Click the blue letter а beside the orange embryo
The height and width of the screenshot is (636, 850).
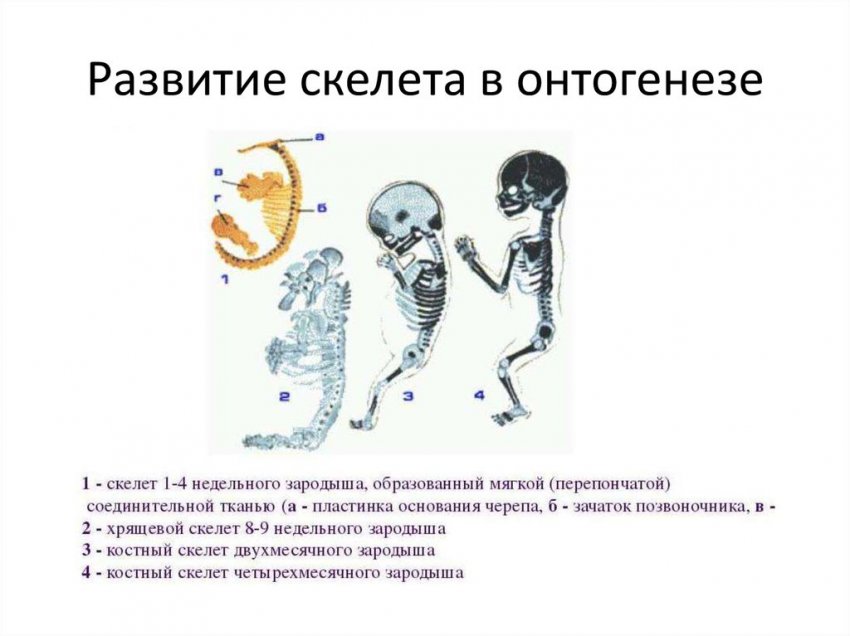tap(319, 137)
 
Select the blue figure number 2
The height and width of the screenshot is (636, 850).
tap(285, 397)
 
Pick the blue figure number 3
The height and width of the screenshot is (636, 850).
tap(408, 397)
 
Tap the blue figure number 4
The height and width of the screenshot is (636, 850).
tap(479, 396)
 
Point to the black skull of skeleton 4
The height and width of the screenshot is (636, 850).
tap(528, 181)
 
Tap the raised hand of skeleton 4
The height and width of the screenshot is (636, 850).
tap(463, 247)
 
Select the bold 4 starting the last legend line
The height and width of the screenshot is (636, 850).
tap(87, 573)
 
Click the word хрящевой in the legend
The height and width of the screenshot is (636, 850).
tap(140, 528)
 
